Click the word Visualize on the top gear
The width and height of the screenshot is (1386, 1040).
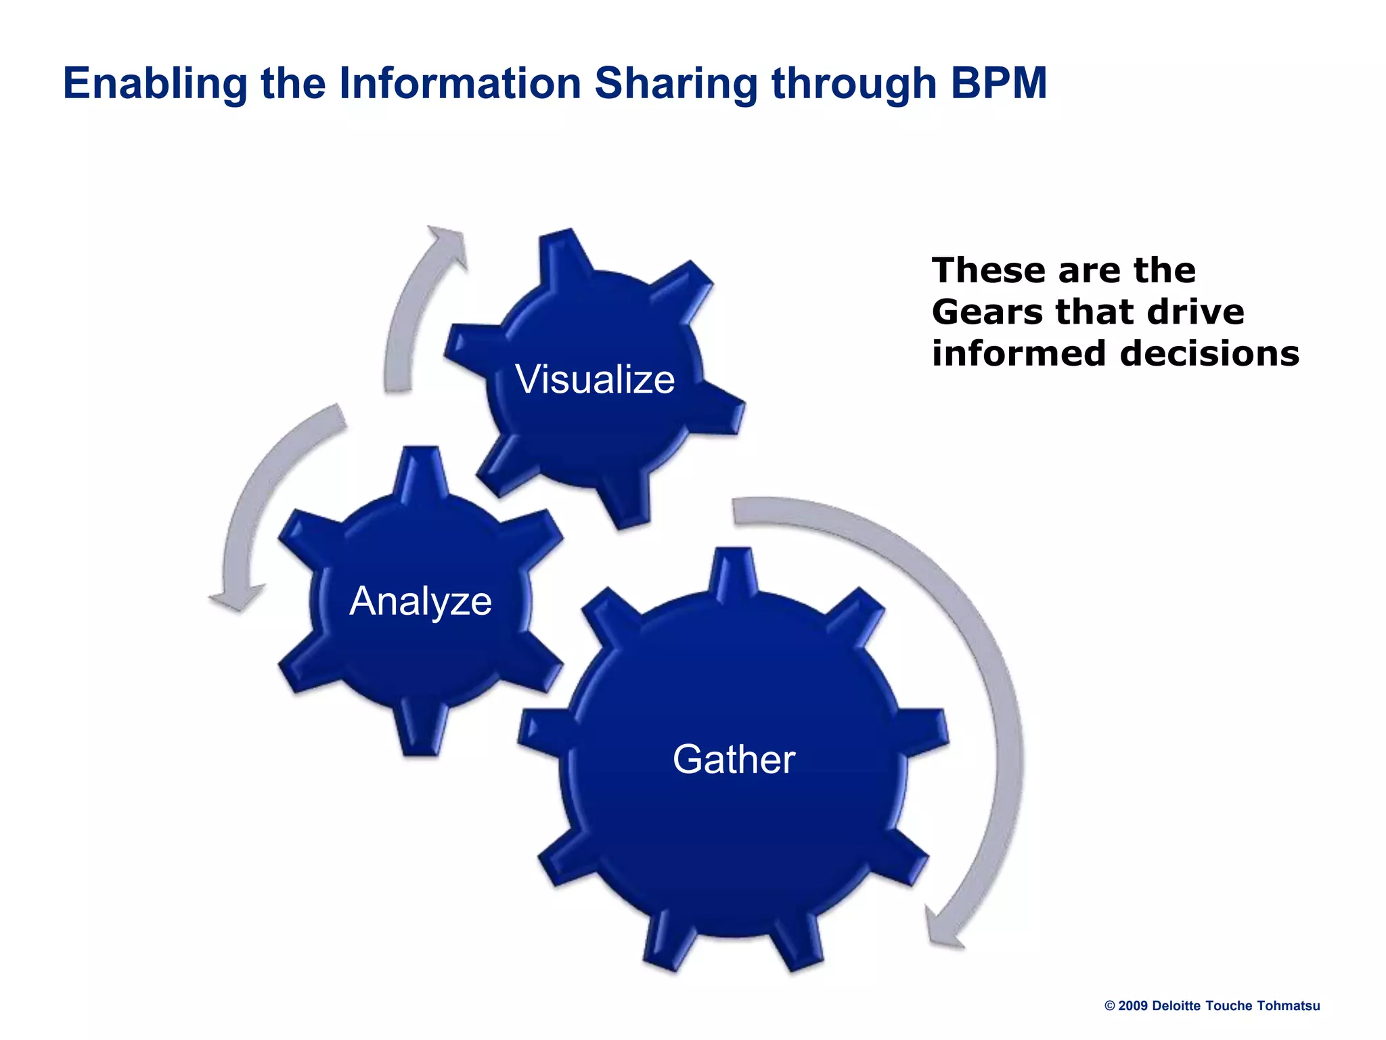(x=595, y=379)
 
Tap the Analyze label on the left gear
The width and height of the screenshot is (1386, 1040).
(x=420, y=601)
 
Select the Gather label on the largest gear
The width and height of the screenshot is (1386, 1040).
(x=734, y=759)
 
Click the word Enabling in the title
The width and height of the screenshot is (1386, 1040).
(x=155, y=83)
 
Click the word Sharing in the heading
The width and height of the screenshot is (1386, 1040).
(x=676, y=83)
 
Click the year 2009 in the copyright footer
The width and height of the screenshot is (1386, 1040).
(x=1133, y=1006)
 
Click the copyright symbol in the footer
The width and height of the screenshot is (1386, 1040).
(x=1110, y=1006)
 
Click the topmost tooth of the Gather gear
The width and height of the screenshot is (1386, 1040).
(x=734, y=572)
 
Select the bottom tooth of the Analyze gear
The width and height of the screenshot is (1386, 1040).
(x=421, y=735)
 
